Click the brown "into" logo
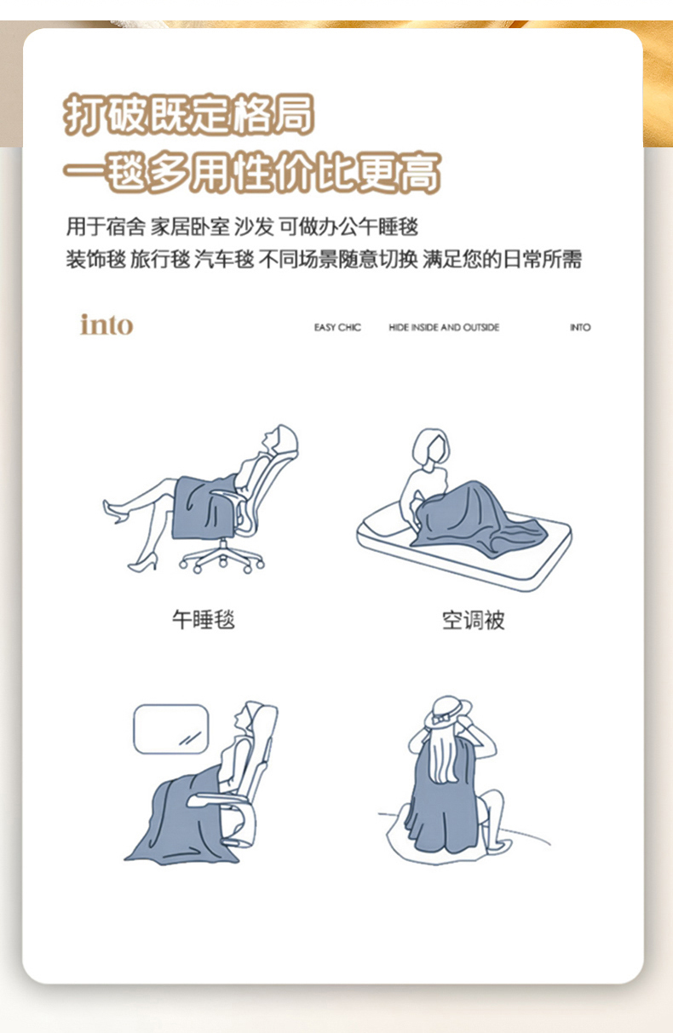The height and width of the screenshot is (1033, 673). pos(106,324)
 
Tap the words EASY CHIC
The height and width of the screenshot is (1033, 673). pos(337,327)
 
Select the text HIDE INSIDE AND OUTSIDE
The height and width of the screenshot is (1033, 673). pos(444,327)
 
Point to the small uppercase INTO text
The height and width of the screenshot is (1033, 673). pos(580,327)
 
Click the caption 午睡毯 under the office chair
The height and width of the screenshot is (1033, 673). pos(204,619)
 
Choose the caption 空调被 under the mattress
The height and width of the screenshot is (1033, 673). pos(474,620)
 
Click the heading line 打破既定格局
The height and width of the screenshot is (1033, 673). pos(189,114)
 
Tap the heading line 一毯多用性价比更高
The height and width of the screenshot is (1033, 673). pos(252,172)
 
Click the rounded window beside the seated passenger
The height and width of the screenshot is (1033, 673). pos(170,729)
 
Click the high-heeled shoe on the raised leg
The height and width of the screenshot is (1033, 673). pos(115,512)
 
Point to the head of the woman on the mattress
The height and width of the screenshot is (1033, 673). pos(431,446)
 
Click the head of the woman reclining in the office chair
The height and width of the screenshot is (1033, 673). pos(280,439)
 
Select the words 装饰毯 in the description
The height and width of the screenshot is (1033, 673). pos(95,259)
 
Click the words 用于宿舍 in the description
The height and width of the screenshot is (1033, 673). pos(106,227)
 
